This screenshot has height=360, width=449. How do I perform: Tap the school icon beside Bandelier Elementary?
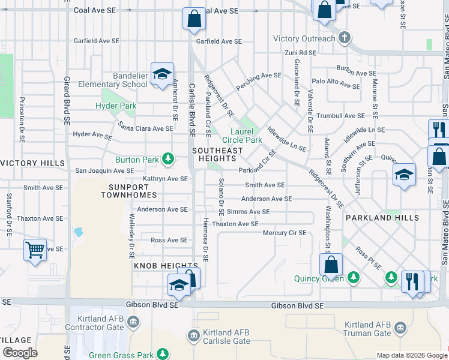coord(162,74)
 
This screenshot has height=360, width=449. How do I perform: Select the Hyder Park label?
coord(116,106)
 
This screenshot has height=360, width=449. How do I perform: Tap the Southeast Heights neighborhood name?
coord(217,154)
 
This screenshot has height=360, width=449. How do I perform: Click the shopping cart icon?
coord(35,249)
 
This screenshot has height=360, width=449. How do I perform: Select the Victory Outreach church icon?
coord(344,38)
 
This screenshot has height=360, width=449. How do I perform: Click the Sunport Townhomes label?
coord(128,191)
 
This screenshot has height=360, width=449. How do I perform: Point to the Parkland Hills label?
coord(382,218)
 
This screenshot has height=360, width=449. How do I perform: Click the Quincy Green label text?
coord(319,278)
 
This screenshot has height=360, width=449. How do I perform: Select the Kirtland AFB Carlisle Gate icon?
coord(193,334)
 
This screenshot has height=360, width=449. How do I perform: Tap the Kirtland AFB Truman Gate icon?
coord(400,328)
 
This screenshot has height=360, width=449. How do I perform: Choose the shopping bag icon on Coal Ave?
coord(194,19)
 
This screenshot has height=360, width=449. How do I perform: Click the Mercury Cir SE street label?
coord(285,233)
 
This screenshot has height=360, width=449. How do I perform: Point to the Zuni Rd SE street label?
coord(300,53)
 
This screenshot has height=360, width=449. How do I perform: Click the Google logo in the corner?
coord(20,353)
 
